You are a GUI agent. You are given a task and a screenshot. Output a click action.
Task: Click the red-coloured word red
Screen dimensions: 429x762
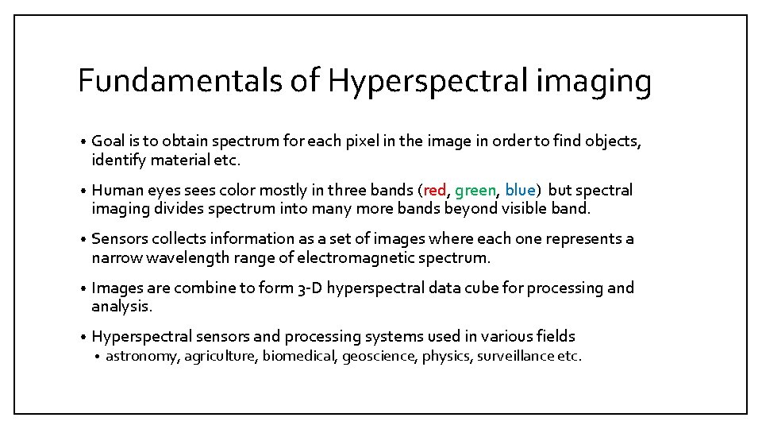[x=434, y=191]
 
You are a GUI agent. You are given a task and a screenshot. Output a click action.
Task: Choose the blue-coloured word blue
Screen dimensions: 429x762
[x=520, y=191]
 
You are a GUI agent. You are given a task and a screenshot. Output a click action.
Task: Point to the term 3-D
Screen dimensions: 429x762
[x=308, y=288]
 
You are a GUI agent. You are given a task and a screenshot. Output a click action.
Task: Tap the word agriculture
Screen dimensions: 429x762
[x=221, y=357]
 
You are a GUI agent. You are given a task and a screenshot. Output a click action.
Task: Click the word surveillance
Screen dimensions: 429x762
[x=514, y=356]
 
